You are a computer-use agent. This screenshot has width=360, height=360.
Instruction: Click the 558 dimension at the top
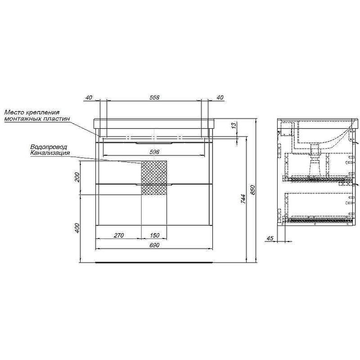click(154, 97)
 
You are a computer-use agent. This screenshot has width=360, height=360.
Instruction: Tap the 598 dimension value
click(154, 152)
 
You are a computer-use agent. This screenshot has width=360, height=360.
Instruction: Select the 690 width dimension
click(154, 245)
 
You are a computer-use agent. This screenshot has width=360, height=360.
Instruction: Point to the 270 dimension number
click(119, 235)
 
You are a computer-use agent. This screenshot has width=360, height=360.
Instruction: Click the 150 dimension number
click(154, 235)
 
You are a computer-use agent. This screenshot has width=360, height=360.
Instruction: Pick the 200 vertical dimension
click(77, 177)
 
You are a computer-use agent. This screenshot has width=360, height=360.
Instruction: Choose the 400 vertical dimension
click(77, 228)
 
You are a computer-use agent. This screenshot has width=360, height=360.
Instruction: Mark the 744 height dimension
click(243, 199)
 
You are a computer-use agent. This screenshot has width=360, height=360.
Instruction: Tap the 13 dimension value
click(234, 126)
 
